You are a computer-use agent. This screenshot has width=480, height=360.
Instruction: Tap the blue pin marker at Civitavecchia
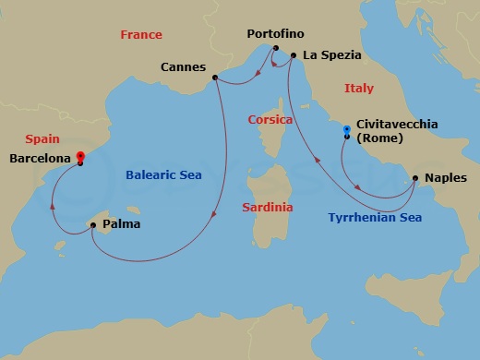(346, 129)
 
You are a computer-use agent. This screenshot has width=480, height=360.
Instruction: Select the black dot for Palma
(91, 224)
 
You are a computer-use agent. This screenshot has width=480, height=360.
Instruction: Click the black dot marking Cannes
(214, 78)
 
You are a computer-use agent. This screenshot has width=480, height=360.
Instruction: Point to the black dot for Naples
(414, 178)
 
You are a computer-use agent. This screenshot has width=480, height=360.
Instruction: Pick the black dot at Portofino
(276, 48)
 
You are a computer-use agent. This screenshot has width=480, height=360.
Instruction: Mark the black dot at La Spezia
(294, 55)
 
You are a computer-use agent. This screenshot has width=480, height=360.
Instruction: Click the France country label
(141, 35)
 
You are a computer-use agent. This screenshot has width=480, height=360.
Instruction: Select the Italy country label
(358, 89)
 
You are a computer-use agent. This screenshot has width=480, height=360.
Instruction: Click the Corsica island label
(270, 120)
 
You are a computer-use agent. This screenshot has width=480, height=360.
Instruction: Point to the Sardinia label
(268, 208)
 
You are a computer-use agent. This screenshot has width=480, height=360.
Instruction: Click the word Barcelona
(41, 159)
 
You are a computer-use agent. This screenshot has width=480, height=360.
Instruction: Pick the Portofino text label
(275, 34)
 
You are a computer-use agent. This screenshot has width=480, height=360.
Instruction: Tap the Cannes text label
(183, 66)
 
